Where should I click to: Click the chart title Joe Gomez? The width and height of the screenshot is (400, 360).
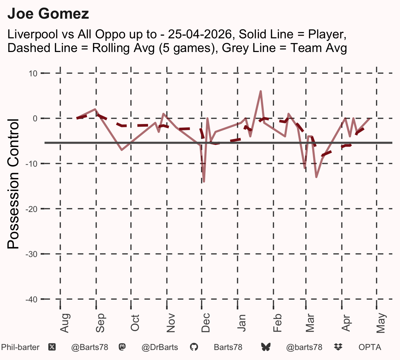click(48, 14)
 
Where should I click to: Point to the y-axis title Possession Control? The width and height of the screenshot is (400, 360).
click(13, 184)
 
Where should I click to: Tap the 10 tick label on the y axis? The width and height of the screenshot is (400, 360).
click(33, 74)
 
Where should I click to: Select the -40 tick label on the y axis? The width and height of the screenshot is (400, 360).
click(32, 299)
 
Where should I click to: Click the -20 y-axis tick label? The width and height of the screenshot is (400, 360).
click(32, 209)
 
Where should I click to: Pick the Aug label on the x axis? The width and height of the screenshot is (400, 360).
click(65, 323)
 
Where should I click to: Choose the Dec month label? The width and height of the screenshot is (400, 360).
click(206, 323)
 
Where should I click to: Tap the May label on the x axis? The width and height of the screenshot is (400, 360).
click(381, 323)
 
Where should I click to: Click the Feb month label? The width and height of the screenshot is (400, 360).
click(277, 323)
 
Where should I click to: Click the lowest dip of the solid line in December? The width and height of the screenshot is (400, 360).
click(204, 182)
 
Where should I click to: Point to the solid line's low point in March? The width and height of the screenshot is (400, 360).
click(316, 177)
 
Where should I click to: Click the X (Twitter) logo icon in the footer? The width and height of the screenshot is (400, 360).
click(52, 347)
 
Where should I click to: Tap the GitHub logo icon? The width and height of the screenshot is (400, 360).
click(194, 347)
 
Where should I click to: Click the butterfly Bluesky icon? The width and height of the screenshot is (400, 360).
click(266, 347)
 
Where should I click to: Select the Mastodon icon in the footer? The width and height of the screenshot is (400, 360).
click(122, 347)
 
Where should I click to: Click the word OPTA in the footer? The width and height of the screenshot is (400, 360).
click(370, 347)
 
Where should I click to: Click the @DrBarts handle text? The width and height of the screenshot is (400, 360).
click(160, 348)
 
